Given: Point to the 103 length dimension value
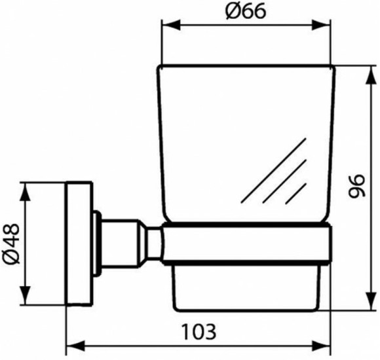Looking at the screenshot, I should coord(199,331).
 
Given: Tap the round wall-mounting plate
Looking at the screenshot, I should coord(78,243).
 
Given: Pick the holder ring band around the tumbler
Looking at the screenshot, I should coord(246,245).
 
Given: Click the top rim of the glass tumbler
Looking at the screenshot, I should coord(246,66).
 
